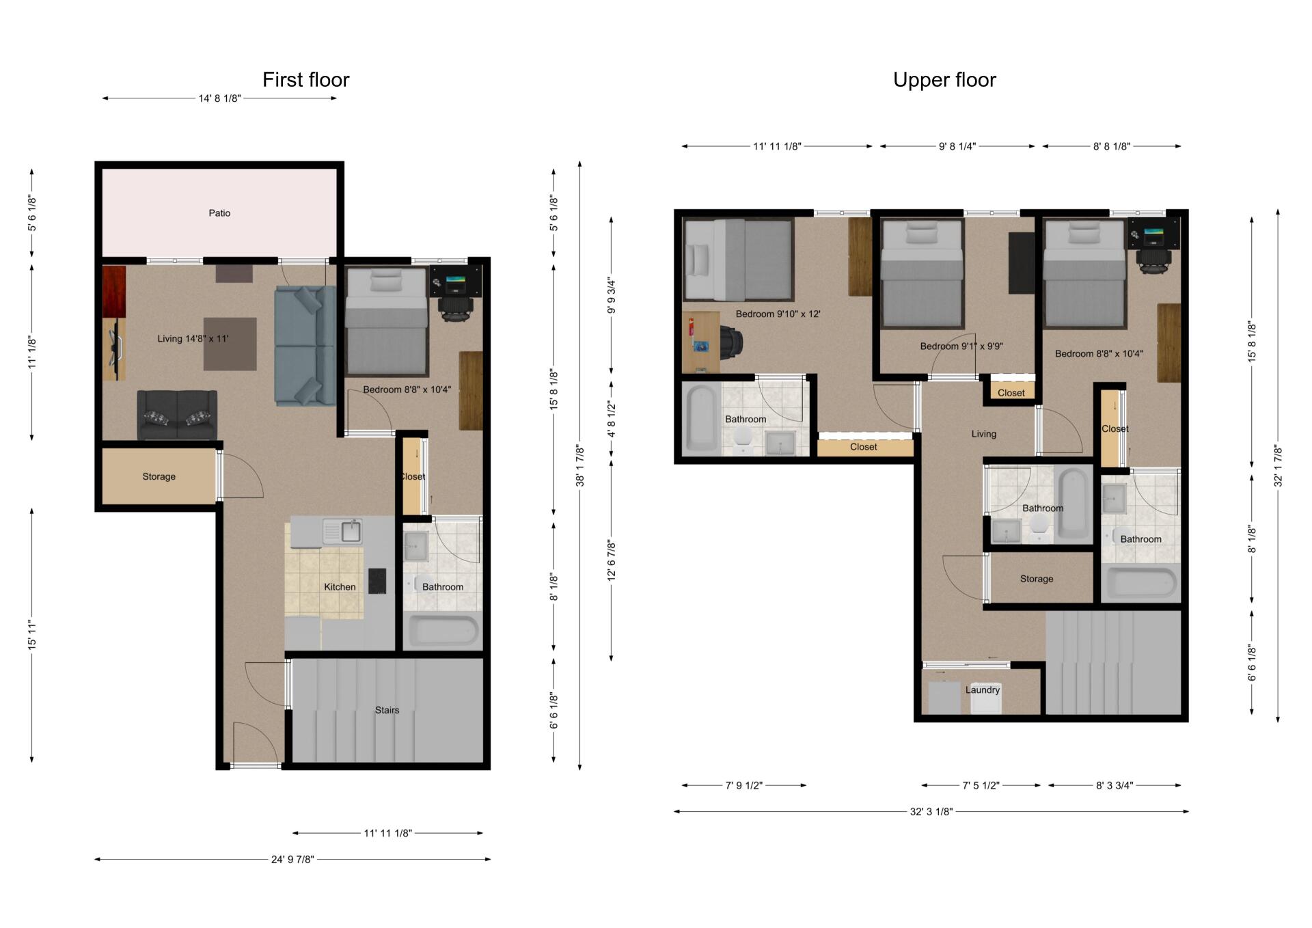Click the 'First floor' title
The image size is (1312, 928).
pos(305,80)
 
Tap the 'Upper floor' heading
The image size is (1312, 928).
pos(944,80)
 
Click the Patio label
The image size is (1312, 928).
pos(219,213)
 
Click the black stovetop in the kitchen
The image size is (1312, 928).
pos(377,581)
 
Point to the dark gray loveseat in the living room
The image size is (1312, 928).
pos(177,415)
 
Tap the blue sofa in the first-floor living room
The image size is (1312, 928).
pos(305,346)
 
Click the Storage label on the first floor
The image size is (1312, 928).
pos(159,476)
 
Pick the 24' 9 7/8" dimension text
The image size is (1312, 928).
pos(292,859)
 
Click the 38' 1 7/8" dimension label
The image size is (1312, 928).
pos(580,466)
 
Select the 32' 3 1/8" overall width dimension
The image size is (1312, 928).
pos(931,812)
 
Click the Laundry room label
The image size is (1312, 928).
pos(983,690)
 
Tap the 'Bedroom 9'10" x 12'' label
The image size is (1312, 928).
pos(778,314)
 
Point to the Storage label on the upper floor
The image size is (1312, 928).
pos(1037,579)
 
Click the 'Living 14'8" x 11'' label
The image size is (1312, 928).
pos(193,339)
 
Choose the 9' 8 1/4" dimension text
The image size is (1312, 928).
pos(957,146)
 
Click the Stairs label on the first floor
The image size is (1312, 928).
pos(387,710)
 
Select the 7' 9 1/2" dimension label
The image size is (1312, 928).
pos(744,785)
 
